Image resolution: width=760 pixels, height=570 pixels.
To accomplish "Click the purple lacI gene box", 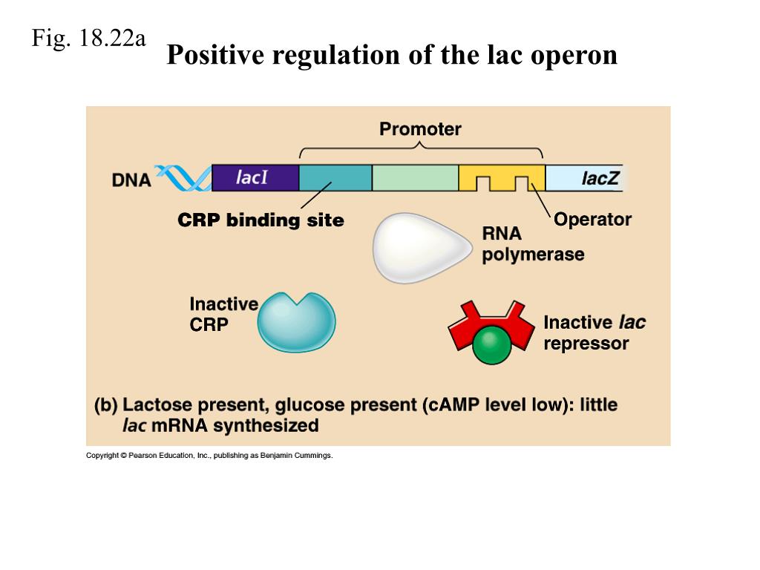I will (x=255, y=178).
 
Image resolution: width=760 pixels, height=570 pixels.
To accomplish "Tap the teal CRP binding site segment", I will (x=335, y=178).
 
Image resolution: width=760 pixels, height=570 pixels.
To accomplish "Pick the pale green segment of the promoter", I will (x=415, y=178).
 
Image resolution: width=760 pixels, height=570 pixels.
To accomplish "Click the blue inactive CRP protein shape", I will (x=296, y=323).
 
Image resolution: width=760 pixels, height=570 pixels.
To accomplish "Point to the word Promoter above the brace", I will (x=420, y=129).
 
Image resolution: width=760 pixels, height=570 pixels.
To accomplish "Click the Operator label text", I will (x=592, y=220).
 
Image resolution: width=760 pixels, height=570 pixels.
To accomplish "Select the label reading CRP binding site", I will (x=261, y=220).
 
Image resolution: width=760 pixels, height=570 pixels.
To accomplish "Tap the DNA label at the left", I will (x=131, y=180).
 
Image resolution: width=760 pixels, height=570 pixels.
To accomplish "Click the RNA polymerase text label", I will (x=532, y=245).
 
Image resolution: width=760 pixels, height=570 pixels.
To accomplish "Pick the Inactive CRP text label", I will (x=223, y=314).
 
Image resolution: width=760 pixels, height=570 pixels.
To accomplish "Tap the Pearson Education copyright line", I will (x=209, y=456).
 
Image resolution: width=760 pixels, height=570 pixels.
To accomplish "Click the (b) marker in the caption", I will (x=106, y=405).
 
